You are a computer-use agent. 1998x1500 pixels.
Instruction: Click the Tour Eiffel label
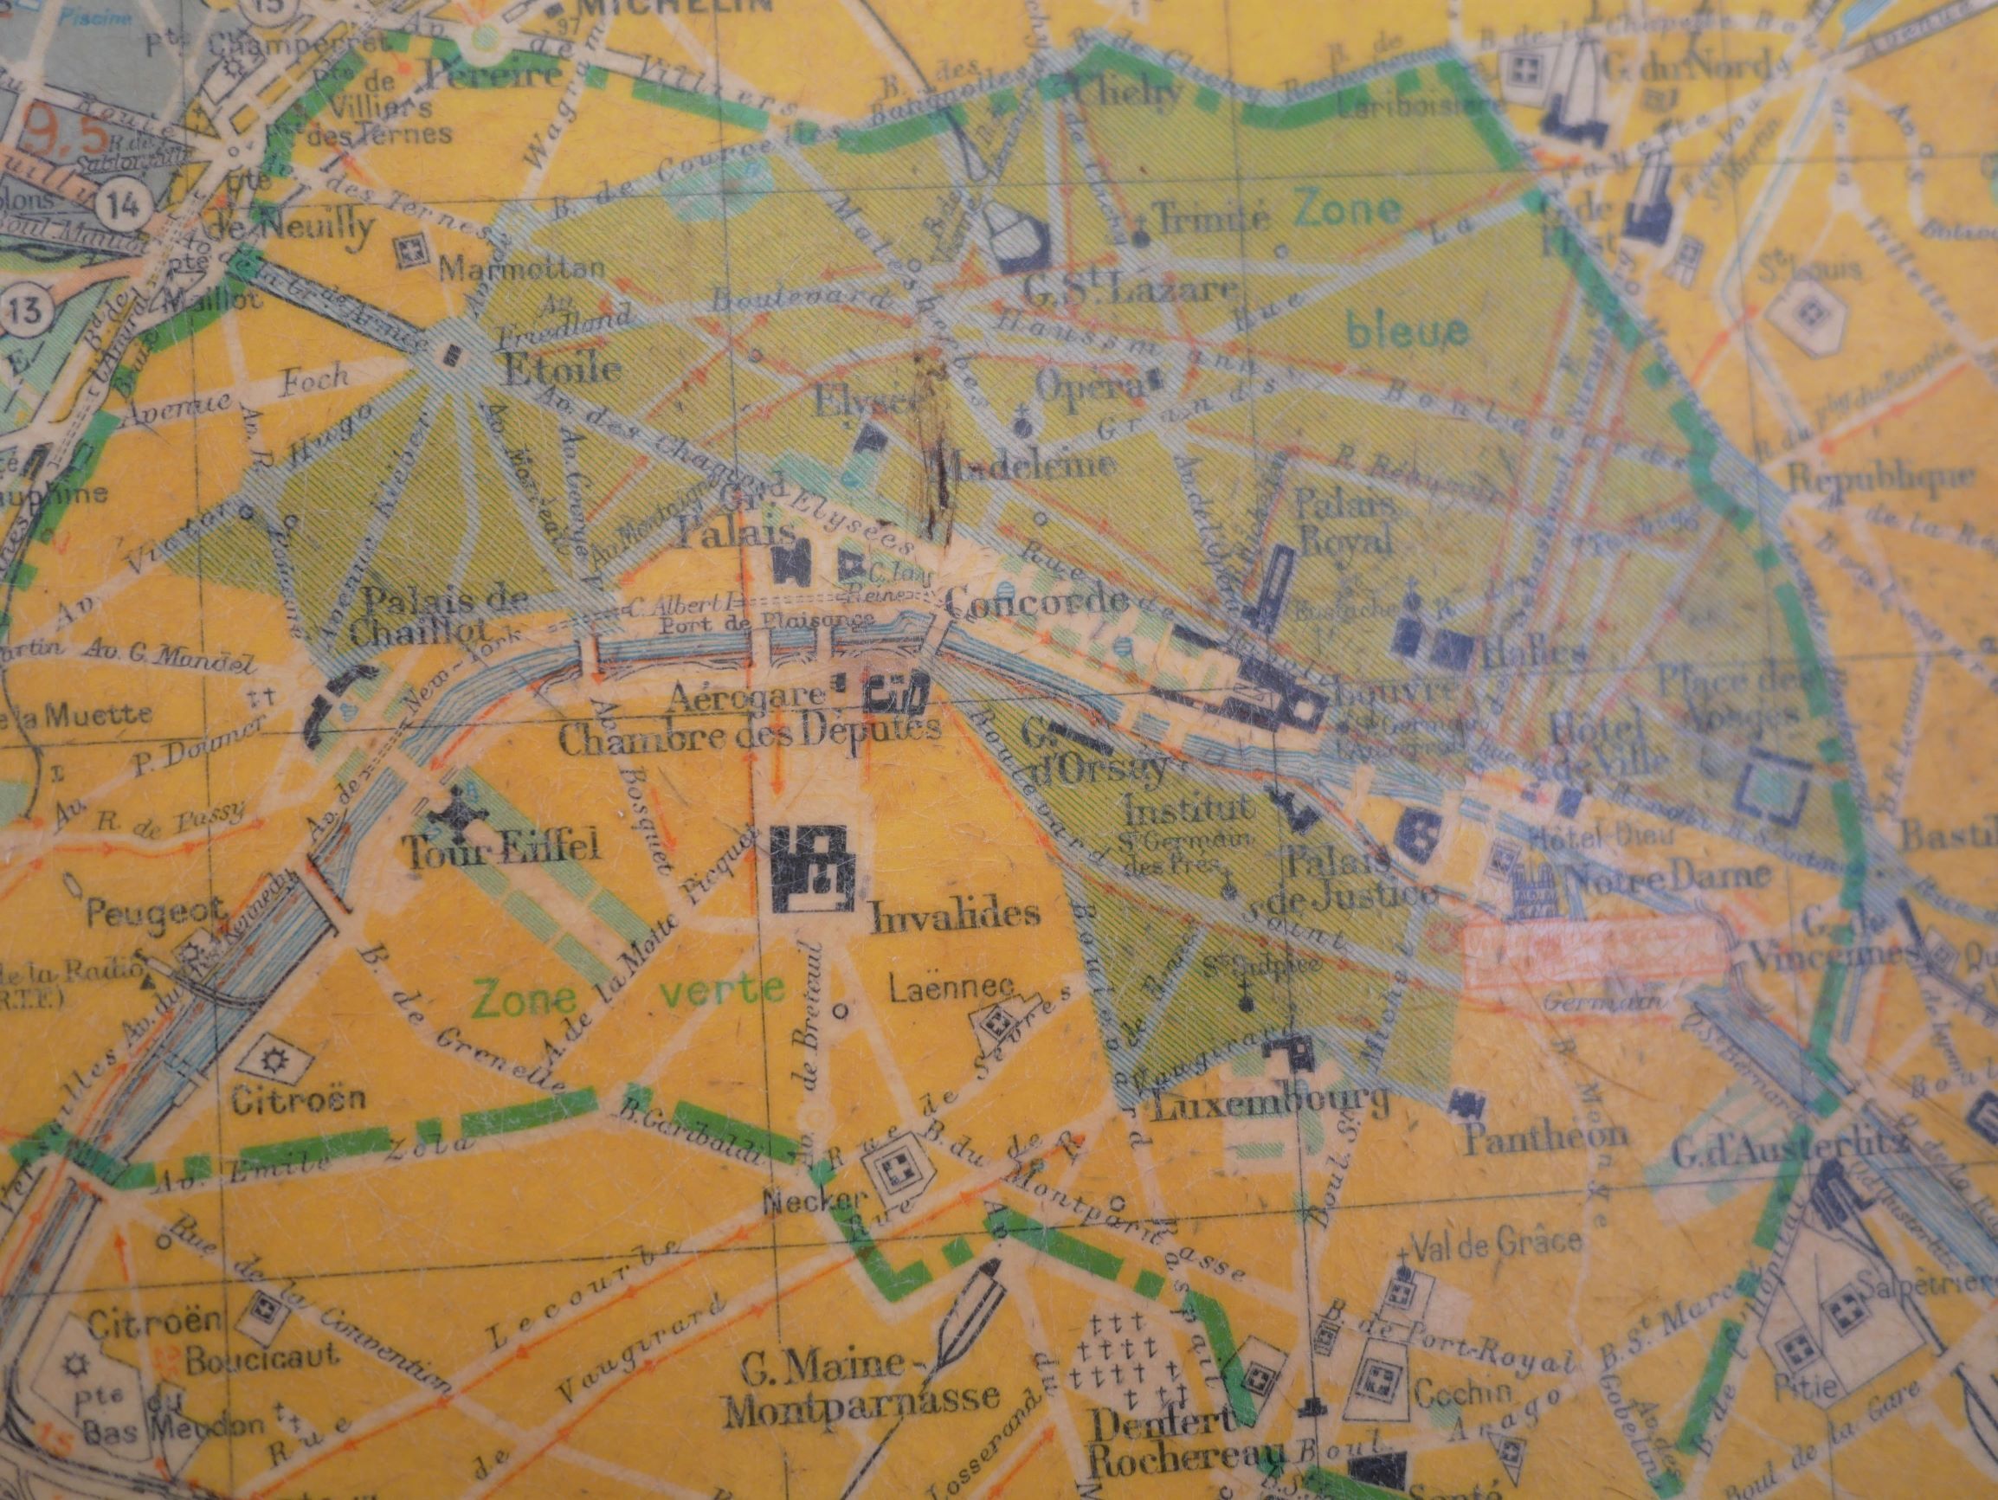tap(501, 849)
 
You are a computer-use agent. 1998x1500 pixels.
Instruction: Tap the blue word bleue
tap(1408, 331)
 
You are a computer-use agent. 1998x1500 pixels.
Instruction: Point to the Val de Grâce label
tap(1496, 1243)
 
